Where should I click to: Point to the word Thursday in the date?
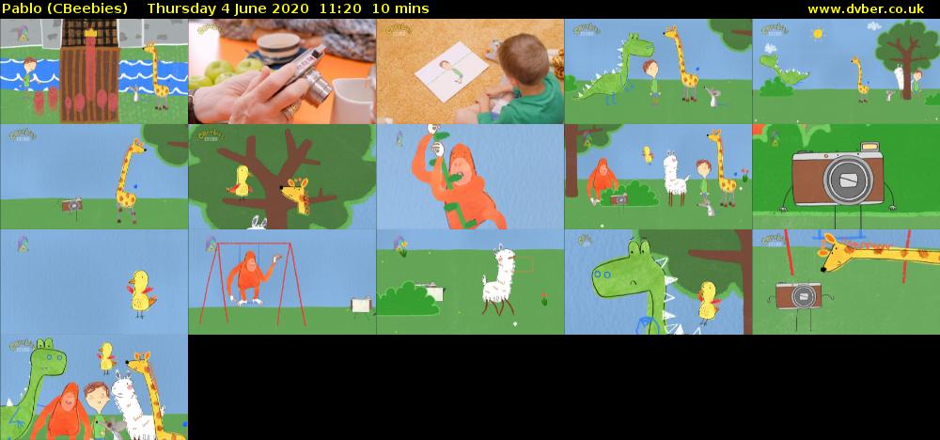180,8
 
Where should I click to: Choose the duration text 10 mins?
400,8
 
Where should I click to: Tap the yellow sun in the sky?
817,34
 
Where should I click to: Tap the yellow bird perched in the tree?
241,181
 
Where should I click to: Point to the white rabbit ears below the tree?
257,223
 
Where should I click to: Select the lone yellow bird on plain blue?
142,291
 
